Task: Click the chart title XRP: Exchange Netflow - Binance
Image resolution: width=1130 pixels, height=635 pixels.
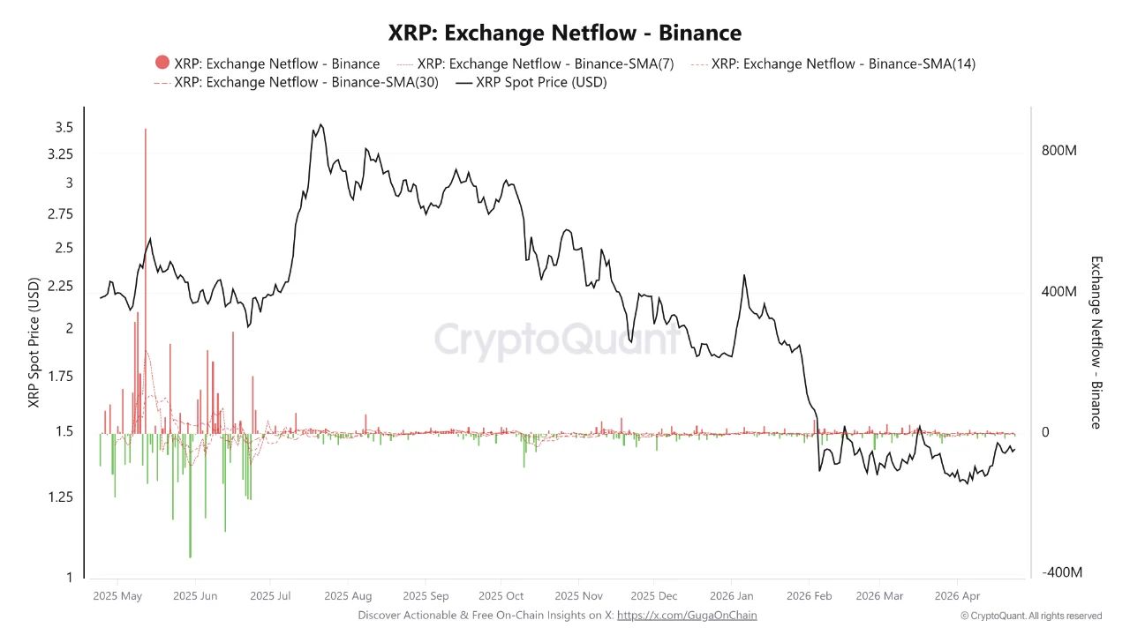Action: click(565, 34)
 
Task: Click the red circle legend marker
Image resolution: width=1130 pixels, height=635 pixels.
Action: click(162, 63)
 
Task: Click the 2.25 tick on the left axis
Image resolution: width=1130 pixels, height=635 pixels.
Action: click(59, 286)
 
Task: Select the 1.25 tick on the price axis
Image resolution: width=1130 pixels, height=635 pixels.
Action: click(59, 497)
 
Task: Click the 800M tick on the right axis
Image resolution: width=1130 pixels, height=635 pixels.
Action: click(1059, 151)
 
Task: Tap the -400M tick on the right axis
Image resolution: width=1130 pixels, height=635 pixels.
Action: click(1061, 573)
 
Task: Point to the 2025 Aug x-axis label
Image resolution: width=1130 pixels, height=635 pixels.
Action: click(348, 595)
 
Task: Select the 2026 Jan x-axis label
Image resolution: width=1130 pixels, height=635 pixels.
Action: click(731, 595)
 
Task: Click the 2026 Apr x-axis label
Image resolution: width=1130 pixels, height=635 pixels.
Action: click(957, 595)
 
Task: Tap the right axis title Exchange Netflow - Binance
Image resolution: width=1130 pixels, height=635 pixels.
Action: click(1096, 342)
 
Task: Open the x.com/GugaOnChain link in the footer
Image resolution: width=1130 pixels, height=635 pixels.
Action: click(687, 615)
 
